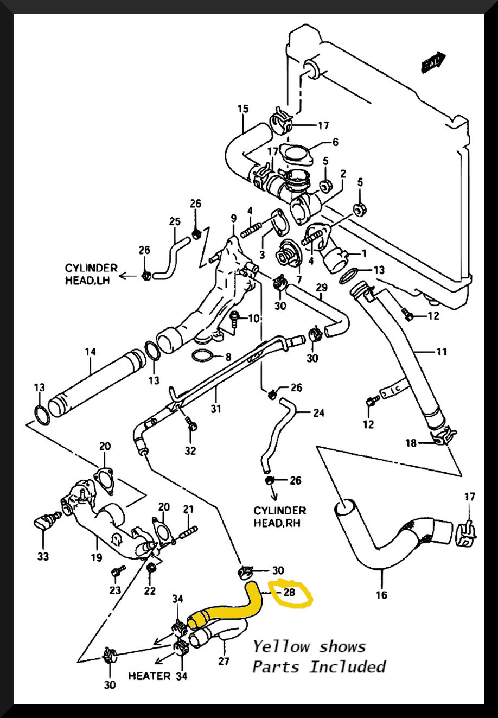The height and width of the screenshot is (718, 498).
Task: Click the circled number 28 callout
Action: [x=290, y=592]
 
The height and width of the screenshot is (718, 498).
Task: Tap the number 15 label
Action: [x=242, y=109]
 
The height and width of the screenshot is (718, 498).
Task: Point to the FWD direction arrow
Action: [x=433, y=62]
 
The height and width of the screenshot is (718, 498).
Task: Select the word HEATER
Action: [x=149, y=676]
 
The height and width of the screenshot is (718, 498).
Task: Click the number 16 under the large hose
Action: [x=381, y=595]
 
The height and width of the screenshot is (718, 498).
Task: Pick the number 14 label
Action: [x=90, y=352]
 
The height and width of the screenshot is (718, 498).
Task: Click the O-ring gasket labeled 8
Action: [x=202, y=357]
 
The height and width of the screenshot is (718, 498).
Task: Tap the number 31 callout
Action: [x=216, y=409]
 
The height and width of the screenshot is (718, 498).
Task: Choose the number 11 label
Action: [x=442, y=352]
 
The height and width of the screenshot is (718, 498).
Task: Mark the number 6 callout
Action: [x=335, y=142]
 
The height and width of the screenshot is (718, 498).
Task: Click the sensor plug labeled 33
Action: [x=43, y=524]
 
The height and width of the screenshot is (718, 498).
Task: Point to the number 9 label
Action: [x=233, y=218]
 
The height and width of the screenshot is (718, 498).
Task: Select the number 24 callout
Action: [x=318, y=413]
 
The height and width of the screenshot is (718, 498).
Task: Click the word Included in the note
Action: [x=348, y=666]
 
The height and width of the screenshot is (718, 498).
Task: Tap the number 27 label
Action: [x=224, y=661]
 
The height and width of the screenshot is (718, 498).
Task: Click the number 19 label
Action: [x=97, y=557]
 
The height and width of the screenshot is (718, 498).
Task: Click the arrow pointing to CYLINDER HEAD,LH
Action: [x=128, y=276]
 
